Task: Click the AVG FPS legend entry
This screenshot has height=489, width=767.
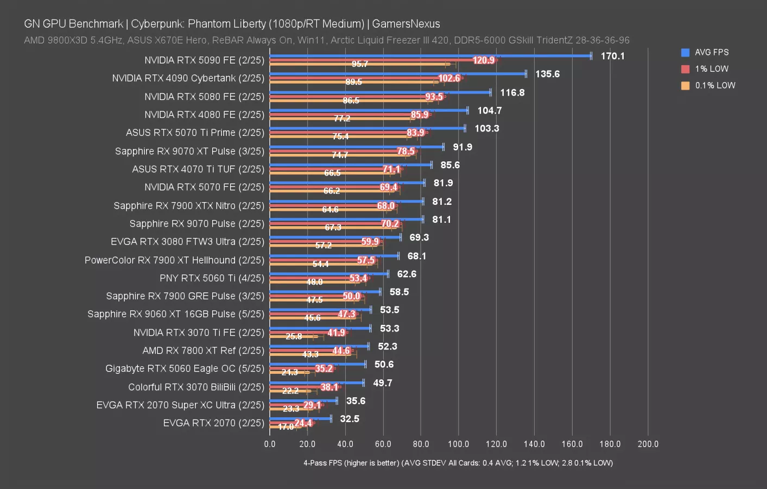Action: click(x=711, y=52)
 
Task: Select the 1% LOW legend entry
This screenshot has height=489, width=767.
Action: click(x=711, y=69)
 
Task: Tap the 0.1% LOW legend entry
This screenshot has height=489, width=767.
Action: click(x=715, y=85)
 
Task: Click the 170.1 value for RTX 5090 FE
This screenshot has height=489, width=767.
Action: click(x=612, y=56)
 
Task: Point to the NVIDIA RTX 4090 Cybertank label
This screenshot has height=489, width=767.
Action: click(x=188, y=78)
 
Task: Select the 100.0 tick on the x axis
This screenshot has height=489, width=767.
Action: click(x=459, y=444)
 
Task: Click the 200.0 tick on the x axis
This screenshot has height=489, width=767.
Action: click(x=648, y=444)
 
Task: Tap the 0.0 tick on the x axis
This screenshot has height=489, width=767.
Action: click(x=270, y=444)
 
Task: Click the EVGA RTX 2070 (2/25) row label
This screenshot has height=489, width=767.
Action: click(x=213, y=423)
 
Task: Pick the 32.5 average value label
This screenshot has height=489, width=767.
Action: click(x=350, y=419)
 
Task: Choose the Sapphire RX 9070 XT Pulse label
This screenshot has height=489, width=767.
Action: click(x=189, y=151)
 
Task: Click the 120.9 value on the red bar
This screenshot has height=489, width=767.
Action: click(x=484, y=60)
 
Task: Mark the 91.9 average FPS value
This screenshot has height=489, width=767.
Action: click(x=462, y=147)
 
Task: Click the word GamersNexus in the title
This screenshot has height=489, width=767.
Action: click(x=406, y=24)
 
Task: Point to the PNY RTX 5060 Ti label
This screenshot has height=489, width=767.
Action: click(x=212, y=278)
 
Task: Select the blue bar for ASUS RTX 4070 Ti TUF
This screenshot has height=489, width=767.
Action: click(x=351, y=165)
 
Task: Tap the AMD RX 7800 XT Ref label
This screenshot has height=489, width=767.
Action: click(x=203, y=350)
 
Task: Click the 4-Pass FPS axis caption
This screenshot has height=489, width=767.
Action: click(x=458, y=463)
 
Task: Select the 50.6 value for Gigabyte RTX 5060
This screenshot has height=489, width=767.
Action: click(x=384, y=365)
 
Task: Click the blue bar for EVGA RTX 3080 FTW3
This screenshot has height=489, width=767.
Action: click(x=335, y=237)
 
